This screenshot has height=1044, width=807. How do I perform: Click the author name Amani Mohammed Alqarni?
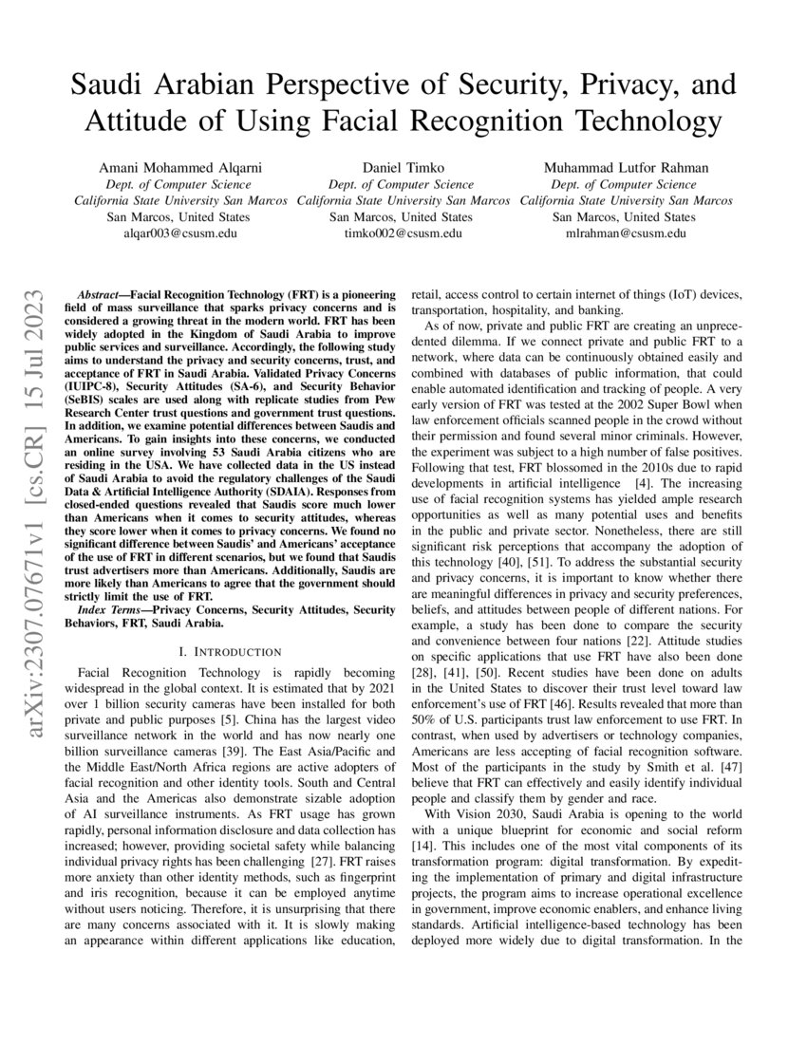(x=181, y=168)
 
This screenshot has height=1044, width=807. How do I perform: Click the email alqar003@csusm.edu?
(x=181, y=233)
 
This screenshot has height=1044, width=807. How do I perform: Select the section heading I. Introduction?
(x=230, y=652)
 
